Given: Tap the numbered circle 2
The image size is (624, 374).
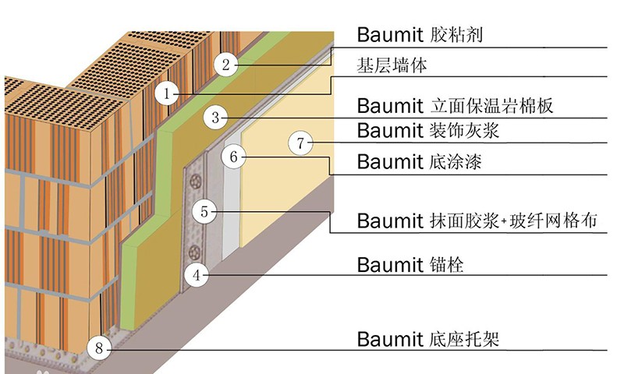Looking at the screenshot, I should click(225, 64).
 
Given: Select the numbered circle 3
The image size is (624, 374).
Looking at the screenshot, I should click(215, 118).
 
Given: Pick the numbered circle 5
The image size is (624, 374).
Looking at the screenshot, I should click(204, 210).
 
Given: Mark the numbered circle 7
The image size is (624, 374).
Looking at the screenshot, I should click(301, 143).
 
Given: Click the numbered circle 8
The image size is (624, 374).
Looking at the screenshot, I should click(99, 348).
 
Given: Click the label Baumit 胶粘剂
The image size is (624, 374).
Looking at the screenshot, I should click(425, 34).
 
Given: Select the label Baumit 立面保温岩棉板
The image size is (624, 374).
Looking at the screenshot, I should click(455, 105).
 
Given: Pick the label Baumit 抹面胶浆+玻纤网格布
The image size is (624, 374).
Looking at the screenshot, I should click(477, 221).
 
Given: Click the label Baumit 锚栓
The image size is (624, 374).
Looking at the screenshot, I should click(410, 264).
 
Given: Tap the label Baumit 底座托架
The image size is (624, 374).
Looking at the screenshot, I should click(427, 339).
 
